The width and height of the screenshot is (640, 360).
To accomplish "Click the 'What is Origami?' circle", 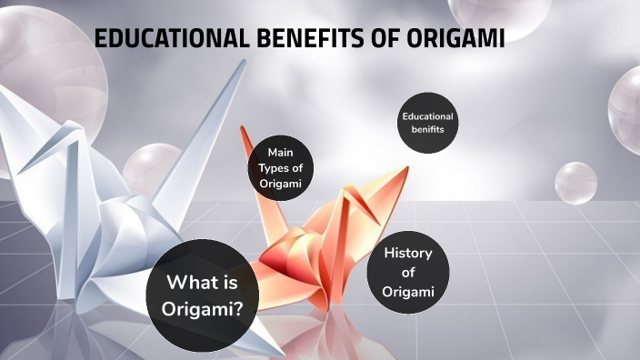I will pos(203,295).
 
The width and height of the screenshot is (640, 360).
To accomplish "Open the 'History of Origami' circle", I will pos(407,272).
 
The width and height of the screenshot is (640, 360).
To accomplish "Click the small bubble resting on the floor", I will pos(575,183).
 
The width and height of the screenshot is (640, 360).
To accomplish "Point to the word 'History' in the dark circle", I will pos(407,253).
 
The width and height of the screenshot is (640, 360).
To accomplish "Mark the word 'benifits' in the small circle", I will pos(427,131).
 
